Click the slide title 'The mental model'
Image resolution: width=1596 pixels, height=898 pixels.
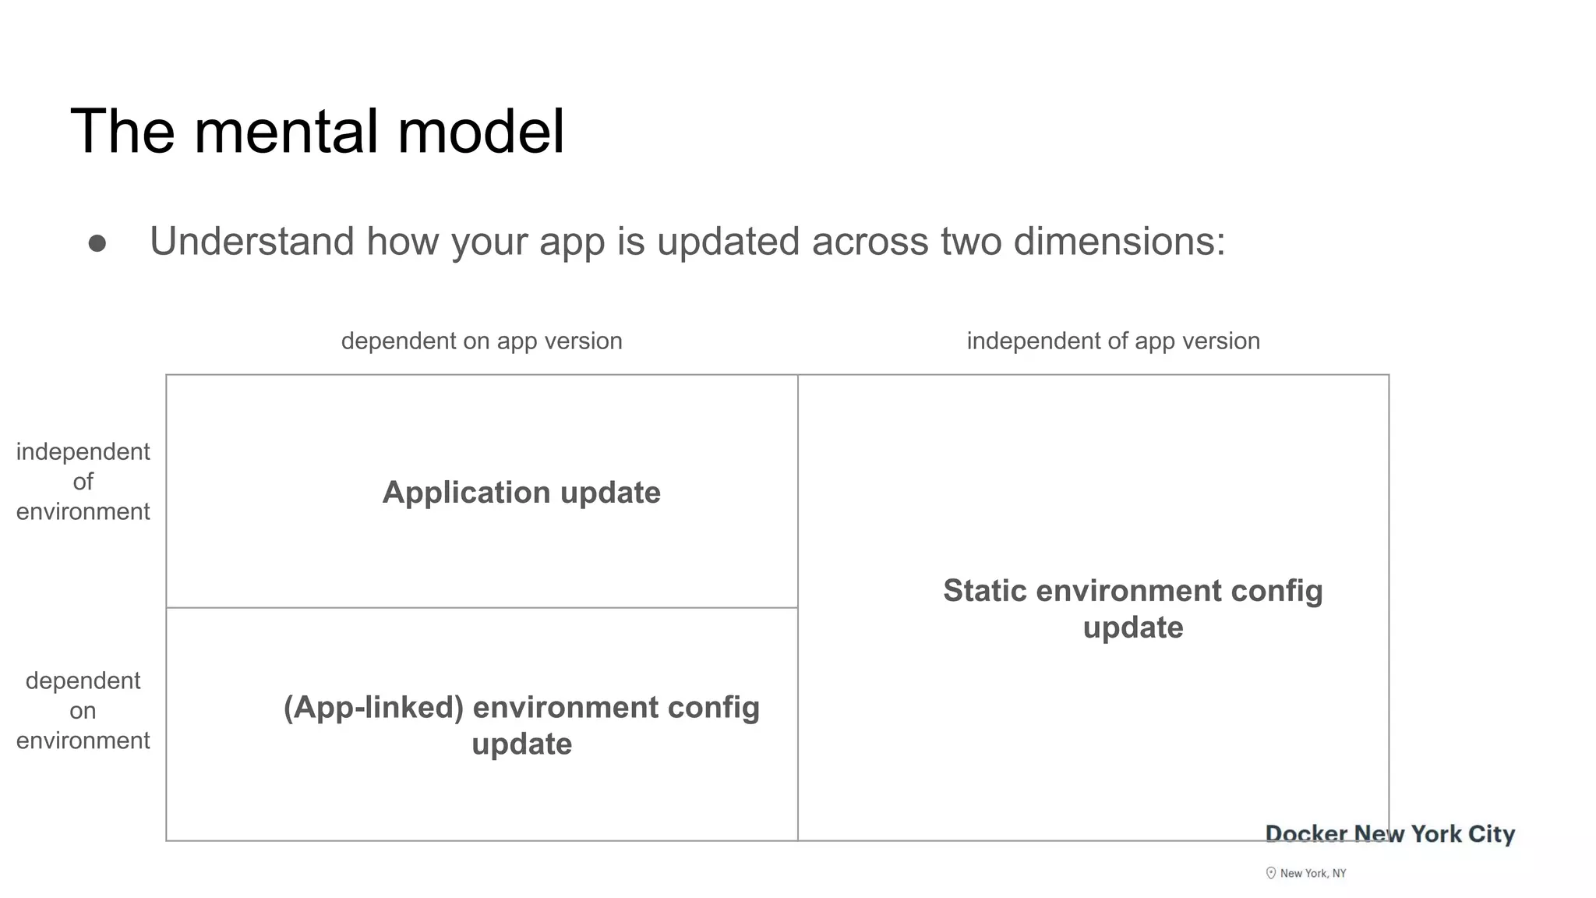pos(317,131)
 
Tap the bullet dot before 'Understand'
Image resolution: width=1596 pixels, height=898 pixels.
pos(97,244)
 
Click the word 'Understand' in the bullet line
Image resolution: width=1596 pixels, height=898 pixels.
pos(252,241)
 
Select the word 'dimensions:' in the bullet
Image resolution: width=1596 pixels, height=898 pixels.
pos(1119,241)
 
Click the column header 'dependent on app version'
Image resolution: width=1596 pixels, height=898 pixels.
pos(482,341)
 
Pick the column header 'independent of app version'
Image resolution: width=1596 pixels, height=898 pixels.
pos(1113,341)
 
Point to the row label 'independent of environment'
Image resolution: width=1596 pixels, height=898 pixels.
pos(83,482)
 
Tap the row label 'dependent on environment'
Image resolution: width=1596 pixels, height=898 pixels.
pos(83,710)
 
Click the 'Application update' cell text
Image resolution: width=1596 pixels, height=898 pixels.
pos(521,493)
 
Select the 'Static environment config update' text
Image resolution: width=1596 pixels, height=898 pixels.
pos(1132,609)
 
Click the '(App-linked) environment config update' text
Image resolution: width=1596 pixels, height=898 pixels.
pos(521,725)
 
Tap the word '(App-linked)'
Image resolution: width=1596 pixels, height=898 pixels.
pos(373,707)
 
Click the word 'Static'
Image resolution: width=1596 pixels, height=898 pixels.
pos(984,591)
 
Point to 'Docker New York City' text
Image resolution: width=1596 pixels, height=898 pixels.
pos(1389,834)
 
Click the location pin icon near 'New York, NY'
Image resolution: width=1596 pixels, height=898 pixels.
pos(1271,873)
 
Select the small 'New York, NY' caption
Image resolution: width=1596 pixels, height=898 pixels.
pos(1313,874)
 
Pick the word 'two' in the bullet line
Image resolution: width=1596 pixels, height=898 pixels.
pos(970,241)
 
